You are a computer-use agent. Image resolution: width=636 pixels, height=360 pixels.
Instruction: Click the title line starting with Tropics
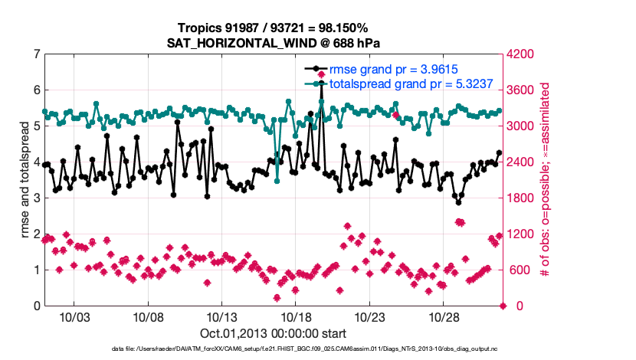coord(274,28)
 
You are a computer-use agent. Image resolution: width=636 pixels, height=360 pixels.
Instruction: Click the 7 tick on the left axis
coord(36,54)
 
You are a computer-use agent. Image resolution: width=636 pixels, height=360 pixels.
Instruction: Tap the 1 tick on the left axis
coord(36,270)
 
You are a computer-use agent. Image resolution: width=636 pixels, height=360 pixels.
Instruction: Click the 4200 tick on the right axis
coord(521,54)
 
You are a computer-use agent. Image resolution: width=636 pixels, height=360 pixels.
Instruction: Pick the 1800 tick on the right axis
coord(521,198)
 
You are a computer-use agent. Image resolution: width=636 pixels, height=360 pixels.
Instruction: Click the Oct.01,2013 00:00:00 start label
coord(273,333)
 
